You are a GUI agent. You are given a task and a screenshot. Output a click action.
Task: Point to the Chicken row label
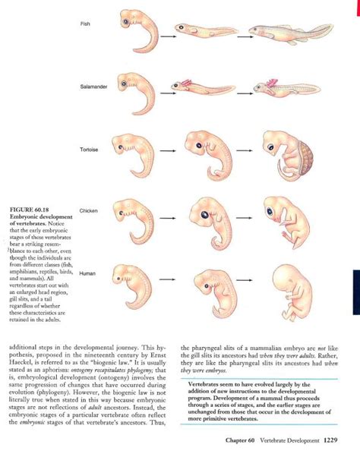coord(88,210)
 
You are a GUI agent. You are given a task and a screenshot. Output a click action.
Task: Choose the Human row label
coord(87,273)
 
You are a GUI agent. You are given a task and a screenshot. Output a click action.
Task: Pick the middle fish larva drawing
coord(202,31)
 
